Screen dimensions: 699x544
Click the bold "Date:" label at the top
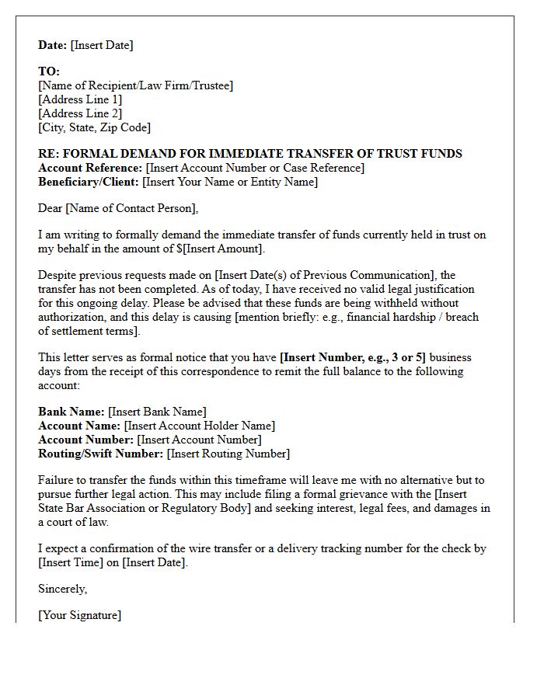point(53,45)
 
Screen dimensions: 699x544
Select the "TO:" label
point(49,71)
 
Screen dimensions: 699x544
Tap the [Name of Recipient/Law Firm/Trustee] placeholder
point(135,85)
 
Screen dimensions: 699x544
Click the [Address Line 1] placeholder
point(80,99)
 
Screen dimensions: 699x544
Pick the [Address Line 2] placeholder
point(80,113)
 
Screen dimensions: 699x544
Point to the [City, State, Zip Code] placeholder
point(94,127)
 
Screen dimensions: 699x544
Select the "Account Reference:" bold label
point(90,168)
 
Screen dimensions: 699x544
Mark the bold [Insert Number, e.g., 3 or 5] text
point(353,357)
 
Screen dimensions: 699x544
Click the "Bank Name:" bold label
point(71,412)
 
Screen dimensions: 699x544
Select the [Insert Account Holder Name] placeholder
point(200,426)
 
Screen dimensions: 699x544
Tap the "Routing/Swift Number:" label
point(101,454)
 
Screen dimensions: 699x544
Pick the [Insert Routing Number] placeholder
point(228,454)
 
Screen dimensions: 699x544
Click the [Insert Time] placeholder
point(71,562)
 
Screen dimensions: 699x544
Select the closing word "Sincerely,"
point(63,589)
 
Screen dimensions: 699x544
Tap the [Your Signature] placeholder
point(79,615)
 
